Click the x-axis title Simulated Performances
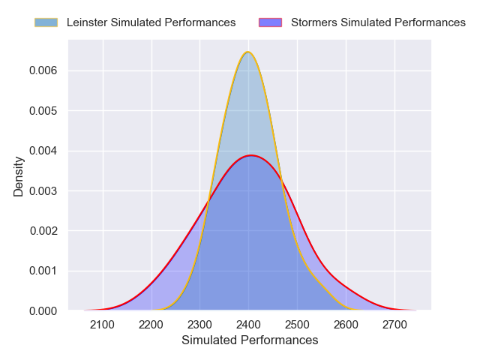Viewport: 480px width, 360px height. [x=250, y=340]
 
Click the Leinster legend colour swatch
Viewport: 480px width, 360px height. [x=46, y=22]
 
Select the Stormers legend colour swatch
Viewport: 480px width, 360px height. [x=270, y=22]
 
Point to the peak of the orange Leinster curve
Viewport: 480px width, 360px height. [x=248, y=52]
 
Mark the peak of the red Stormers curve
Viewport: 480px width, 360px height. [x=251, y=155]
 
